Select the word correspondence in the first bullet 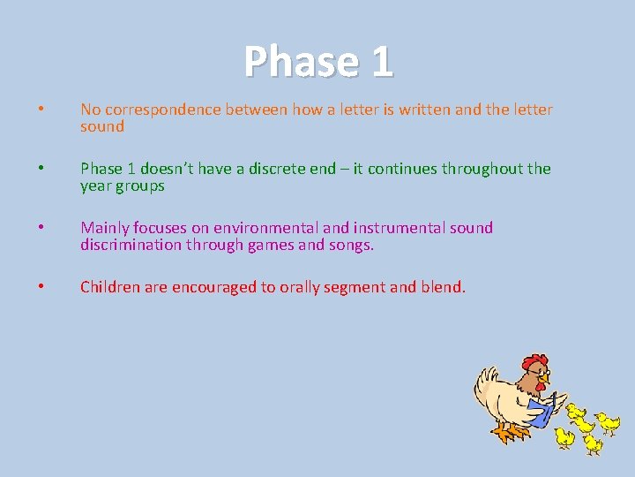[x=162, y=110]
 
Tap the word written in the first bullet [x=431, y=110]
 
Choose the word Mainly [x=104, y=228]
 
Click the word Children [x=109, y=286]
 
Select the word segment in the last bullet [x=355, y=286]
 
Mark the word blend [x=444, y=286]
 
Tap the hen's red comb [x=534, y=362]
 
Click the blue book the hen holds [x=541, y=411]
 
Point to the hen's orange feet [x=507, y=433]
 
